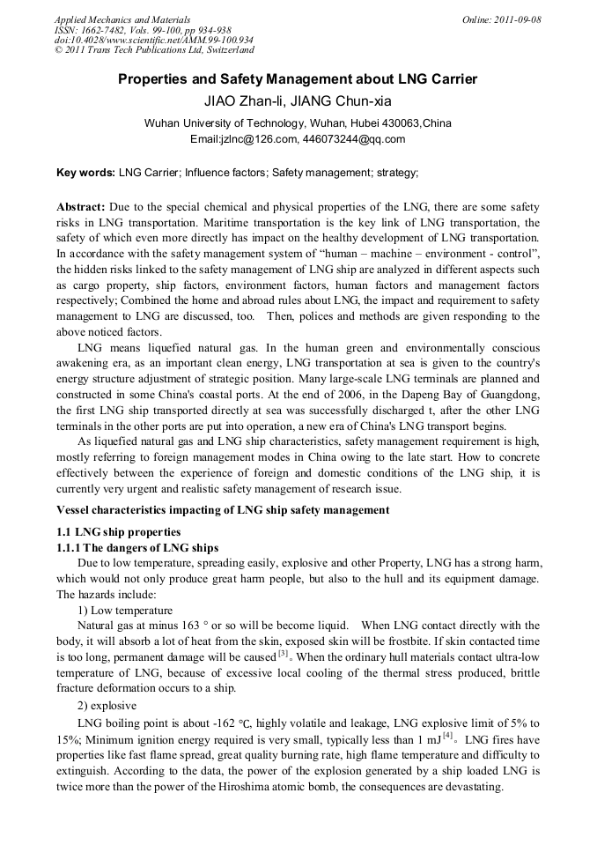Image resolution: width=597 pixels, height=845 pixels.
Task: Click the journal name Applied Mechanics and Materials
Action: click(x=122, y=19)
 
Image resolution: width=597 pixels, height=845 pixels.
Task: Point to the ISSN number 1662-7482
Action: click(x=111, y=30)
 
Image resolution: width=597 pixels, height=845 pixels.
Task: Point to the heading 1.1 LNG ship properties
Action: click(x=118, y=531)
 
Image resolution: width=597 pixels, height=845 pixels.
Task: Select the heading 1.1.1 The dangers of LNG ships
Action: click(x=137, y=547)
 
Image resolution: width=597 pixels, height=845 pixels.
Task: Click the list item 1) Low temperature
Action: click(x=125, y=610)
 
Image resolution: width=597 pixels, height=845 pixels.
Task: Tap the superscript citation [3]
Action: click(x=283, y=654)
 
